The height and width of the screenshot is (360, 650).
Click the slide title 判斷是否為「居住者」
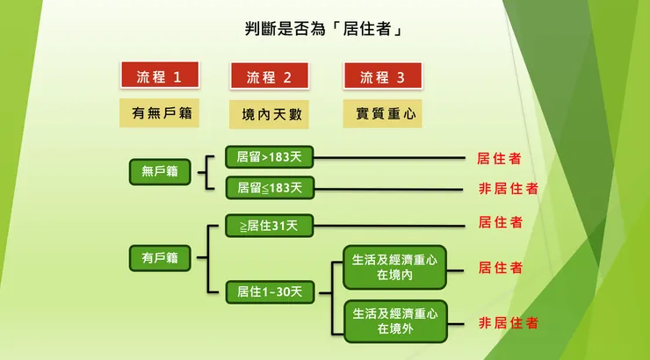coord(324,30)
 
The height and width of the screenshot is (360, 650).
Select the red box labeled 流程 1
coord(159,76)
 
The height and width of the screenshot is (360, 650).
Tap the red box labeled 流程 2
coord(269,76)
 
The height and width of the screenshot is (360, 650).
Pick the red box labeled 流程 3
coord(382,76)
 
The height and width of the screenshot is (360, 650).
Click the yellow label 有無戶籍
coord(159,112)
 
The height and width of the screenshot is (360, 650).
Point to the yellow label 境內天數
coord(269,113)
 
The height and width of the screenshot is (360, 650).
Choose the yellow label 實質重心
coord(382,113)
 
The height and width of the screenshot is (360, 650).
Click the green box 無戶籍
coord(160,171)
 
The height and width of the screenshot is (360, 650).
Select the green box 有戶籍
coord(160,257)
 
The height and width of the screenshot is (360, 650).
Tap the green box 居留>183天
coord(269,157)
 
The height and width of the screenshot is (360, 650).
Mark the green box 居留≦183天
coord(269,186)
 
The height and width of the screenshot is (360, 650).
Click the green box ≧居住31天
coord(269,226)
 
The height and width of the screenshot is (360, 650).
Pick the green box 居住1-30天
coord(269,291)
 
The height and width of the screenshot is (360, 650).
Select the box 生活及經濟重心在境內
coord(394,267)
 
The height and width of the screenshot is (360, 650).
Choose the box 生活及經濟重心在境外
coord(394,320)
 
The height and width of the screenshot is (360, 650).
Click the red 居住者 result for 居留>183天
coord(499,158)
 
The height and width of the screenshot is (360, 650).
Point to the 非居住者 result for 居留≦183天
coord(508,188)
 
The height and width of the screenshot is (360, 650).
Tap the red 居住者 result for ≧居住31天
coord(499,222)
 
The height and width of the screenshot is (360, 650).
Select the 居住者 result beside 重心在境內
coord(499,267)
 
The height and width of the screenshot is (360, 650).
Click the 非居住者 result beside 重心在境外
coord(508,322)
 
